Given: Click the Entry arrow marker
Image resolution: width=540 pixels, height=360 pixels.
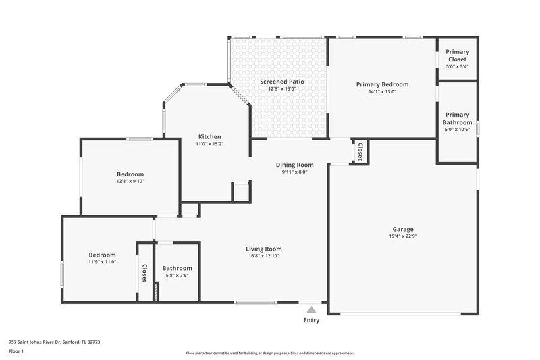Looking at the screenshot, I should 311,309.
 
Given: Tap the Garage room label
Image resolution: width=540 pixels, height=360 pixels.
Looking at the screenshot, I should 403,229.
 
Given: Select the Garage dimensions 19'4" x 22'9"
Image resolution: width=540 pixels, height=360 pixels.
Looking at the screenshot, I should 403,236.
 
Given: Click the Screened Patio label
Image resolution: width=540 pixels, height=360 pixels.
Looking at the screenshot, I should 282,82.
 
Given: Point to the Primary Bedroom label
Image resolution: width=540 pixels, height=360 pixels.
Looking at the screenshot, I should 383,84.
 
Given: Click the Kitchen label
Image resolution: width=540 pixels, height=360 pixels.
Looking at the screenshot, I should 209,136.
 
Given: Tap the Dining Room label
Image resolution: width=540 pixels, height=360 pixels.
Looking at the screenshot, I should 295,165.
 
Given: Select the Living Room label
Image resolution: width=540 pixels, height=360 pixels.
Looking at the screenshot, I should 264,249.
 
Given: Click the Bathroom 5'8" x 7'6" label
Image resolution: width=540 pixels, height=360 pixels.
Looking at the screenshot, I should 177,268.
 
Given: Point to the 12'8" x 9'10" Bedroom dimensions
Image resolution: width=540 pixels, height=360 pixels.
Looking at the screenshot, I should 130,181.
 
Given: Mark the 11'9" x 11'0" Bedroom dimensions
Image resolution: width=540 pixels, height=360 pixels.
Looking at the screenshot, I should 102,261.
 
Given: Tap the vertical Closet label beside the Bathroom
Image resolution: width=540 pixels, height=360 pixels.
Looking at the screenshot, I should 144,273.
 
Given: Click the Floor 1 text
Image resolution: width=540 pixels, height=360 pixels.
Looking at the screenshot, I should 17,352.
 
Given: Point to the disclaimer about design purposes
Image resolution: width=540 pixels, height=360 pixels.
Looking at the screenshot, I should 270,353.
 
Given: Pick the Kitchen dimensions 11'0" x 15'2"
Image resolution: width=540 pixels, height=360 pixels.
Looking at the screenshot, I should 209,144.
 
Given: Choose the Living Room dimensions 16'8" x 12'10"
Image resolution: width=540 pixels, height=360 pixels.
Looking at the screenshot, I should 264,256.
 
